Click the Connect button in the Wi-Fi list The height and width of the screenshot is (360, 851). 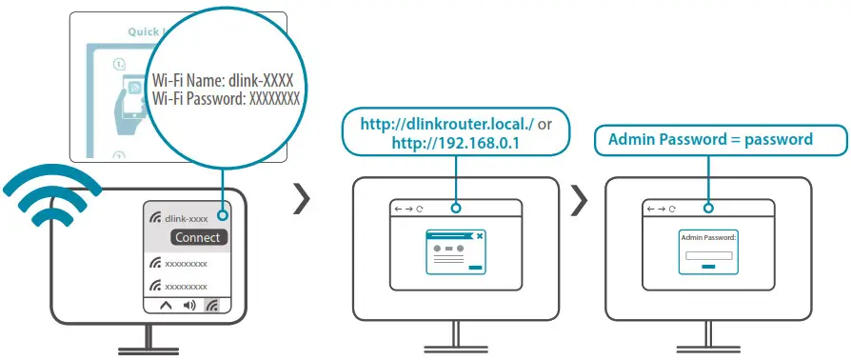pos(199,237)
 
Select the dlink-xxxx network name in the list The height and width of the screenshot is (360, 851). pos(186,218)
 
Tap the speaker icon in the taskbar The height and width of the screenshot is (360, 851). pos(188,306)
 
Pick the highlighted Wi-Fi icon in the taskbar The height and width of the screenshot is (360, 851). pos(213,306)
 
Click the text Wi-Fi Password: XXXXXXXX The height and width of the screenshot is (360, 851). pos(227,97)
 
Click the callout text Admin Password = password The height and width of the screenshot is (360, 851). pos(710,139)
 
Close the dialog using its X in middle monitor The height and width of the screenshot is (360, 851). pos(480,234)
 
